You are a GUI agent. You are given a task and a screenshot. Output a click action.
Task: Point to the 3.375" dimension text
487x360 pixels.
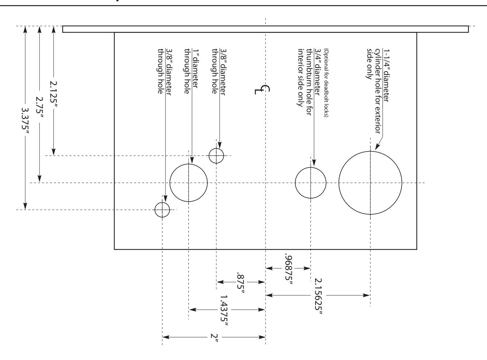(26, 121)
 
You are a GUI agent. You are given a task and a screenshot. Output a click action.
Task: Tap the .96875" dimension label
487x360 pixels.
(289, 270)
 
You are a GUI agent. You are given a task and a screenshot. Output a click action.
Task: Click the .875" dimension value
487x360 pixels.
(241, 283)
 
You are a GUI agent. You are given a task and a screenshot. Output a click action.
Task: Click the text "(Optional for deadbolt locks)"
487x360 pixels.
(326, 83)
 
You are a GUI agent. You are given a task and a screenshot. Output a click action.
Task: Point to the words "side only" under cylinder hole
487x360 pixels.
(370, 64)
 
